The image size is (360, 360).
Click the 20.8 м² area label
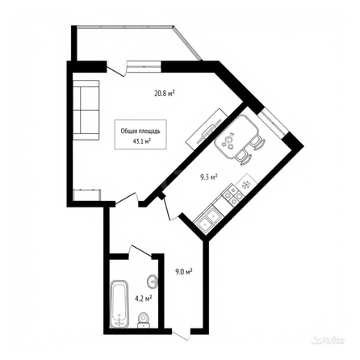click(165, 94)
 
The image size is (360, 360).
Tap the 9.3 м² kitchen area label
click(208, 177)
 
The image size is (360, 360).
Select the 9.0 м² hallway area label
click(183, 272)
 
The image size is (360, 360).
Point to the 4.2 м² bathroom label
click(144, 298)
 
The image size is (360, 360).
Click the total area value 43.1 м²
click(141, 140)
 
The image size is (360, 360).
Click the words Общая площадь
click(140, 132)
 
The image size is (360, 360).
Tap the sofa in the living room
click(86, 110)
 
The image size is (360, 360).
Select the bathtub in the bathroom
click(119, 304)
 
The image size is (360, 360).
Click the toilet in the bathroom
click(144, 320)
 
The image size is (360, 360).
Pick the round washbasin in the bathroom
click(153, 282)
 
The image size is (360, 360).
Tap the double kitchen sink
click(207, 220)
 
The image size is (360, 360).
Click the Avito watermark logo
click(328, 340)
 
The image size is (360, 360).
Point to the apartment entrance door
click(182, 335)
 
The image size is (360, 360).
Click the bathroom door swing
click(140, 251)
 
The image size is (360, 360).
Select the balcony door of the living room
click(116, 69)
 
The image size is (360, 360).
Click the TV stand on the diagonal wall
click(207, 130)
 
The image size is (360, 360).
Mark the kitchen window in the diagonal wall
click(272, 123)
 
